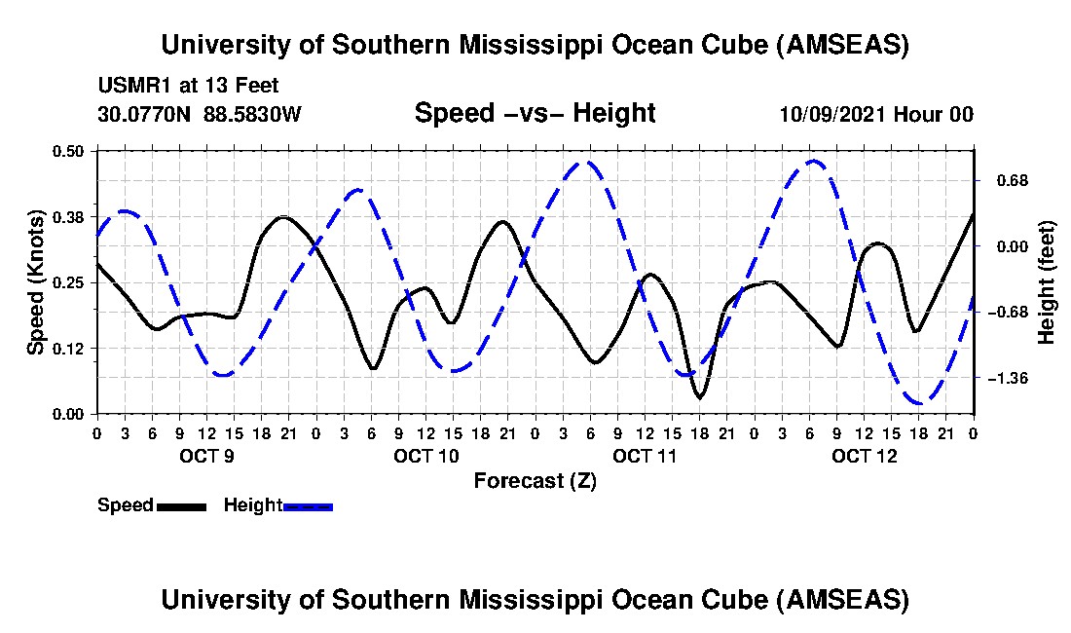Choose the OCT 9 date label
206,456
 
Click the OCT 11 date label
645,456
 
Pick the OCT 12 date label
864,456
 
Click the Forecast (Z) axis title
535,481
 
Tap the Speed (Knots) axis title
36,282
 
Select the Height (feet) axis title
1047,282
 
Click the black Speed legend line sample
181,506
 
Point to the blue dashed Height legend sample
308,506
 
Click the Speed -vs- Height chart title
535,114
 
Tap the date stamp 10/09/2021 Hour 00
876,115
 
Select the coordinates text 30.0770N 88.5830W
200,115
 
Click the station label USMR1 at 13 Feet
188,86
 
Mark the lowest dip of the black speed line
699,397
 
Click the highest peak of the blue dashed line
815,161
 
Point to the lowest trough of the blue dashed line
919,402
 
